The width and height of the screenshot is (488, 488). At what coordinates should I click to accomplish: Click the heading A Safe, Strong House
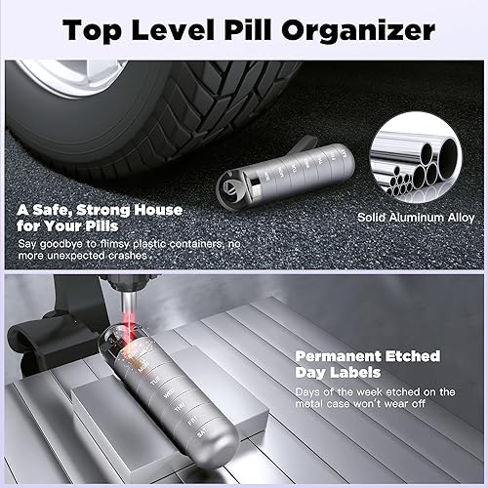pos(98,209)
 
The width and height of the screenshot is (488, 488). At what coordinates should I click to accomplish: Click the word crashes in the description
pos(127,254)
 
